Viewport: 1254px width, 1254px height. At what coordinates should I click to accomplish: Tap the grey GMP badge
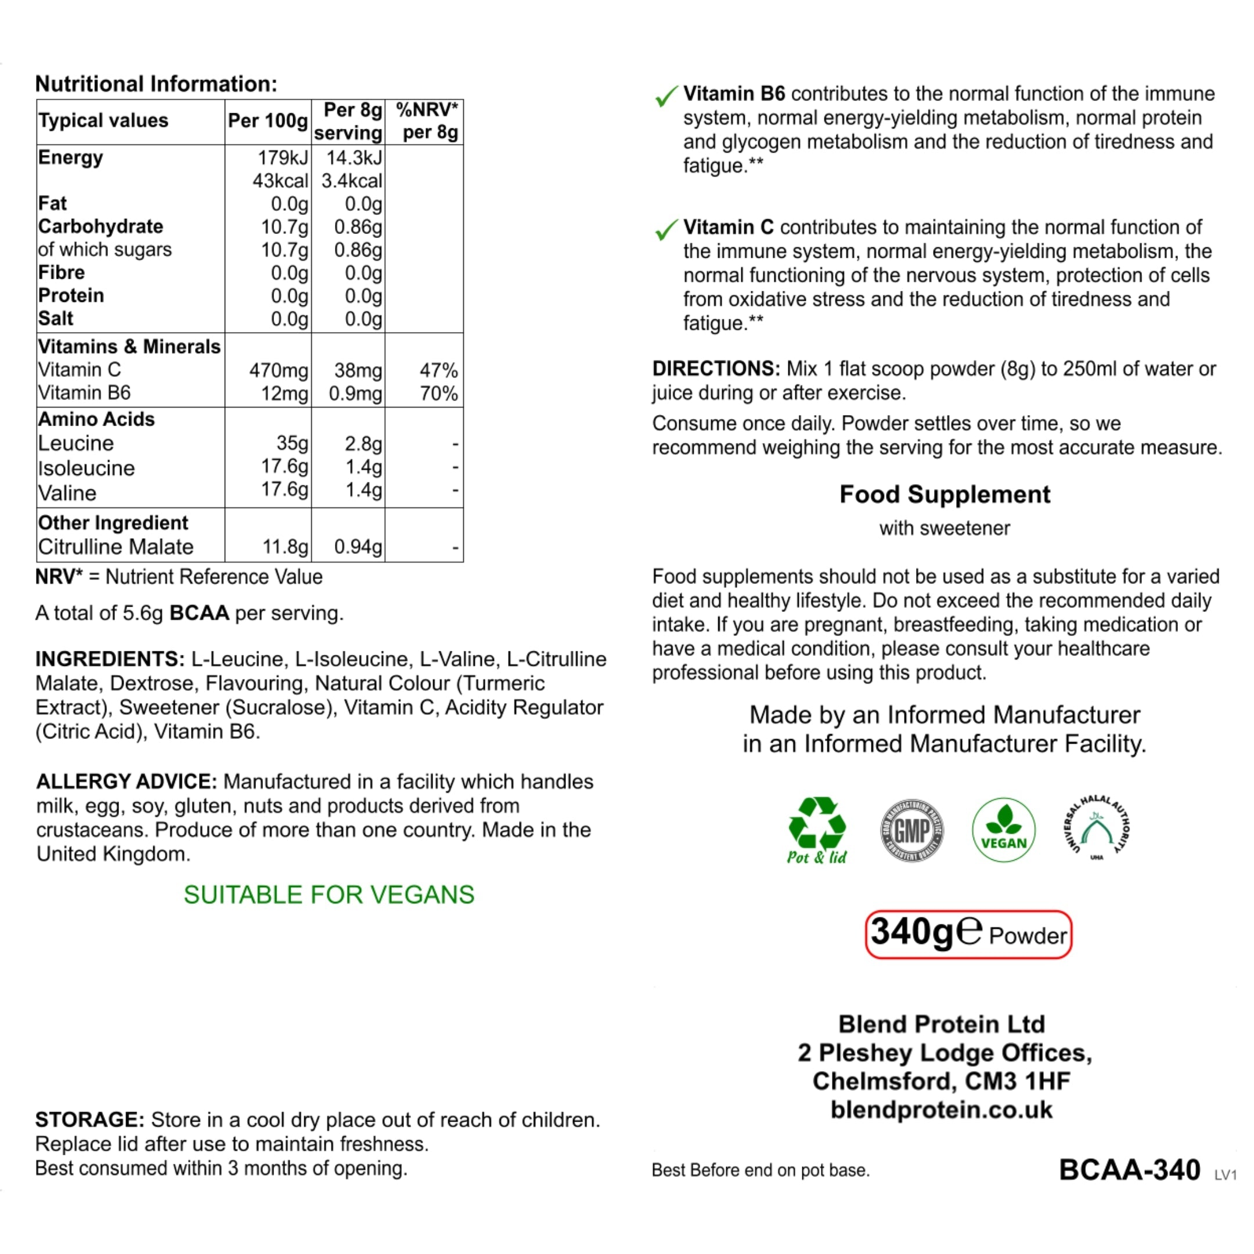point(912,830)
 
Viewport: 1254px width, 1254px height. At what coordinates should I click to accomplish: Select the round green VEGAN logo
point(1003,830)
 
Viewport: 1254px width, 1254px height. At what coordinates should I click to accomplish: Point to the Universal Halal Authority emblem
point(1096,827)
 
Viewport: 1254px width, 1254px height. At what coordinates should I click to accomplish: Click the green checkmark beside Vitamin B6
point(666,96)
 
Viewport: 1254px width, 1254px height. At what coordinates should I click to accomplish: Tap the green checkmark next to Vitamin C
point(666,230)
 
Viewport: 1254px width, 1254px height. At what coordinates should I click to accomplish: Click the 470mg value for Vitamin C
point(279,370)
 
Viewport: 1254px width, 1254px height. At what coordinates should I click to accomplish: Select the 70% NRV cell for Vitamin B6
point(439,394)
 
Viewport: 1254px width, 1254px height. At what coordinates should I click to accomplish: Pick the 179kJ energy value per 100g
point(282,158)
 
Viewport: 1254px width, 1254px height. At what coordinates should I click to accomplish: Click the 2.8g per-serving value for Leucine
point(363,444)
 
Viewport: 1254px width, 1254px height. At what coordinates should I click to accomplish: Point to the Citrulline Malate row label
point(116,546)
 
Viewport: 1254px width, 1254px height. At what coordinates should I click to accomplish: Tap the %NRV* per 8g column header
point(427,121)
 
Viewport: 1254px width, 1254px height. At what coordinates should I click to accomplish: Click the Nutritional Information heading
point(156,84)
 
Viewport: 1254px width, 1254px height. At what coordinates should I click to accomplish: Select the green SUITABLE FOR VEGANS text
point(329,895)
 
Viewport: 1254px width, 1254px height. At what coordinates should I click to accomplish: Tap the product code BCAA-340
point(1129,1170)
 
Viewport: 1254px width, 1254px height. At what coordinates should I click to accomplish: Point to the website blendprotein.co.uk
point(941,1109)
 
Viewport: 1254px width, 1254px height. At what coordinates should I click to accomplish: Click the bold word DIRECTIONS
point(716,369)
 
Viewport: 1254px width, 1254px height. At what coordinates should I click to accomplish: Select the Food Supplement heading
point(945,494)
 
